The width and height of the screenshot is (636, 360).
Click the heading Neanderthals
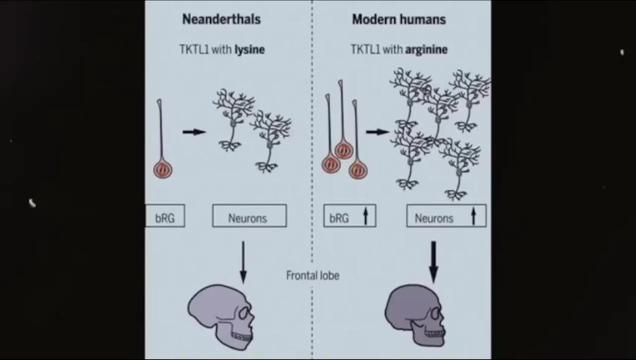click(x=221, y=19)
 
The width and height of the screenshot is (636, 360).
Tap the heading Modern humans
click(x=398, y=19)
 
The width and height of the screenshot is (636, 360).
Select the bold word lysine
click(x=249, y=49)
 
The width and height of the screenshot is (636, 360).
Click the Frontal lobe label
click(x=312, y=275)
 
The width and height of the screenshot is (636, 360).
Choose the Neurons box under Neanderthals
click(x=249, y=216)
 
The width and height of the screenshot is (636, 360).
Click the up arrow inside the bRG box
click(x=365, y=217)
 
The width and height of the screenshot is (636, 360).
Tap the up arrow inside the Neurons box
click(x=473, y=217)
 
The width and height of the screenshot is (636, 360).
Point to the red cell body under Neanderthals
click(x=162, y=169)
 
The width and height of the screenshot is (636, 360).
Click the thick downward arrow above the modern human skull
click(x=433, y=261)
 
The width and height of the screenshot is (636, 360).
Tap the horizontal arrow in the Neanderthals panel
click(x=194, y=132)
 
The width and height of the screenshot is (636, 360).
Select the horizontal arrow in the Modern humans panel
click(x=377, y=132)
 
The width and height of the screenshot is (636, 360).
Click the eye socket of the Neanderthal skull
click(x=244, y=313)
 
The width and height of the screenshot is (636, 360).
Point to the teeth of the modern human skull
click(x=434, y=334)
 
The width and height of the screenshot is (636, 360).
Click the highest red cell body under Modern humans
click(x=343, y=149)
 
